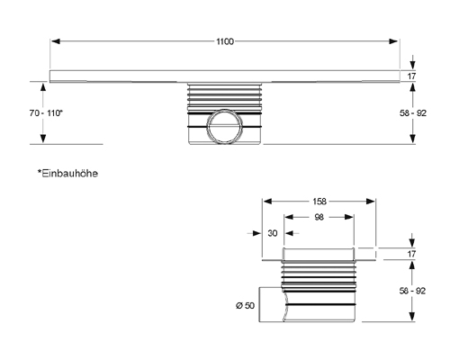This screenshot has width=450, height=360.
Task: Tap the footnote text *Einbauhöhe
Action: [67, 171]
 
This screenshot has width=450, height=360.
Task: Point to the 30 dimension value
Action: [273, 233]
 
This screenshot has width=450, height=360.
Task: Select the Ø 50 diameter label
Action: [247, 306]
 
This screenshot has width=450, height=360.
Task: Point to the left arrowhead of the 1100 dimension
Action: [55, 40]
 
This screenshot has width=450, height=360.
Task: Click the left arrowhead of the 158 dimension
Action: [265, 202]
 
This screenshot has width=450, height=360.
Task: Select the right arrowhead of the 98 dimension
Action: [350, 217]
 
